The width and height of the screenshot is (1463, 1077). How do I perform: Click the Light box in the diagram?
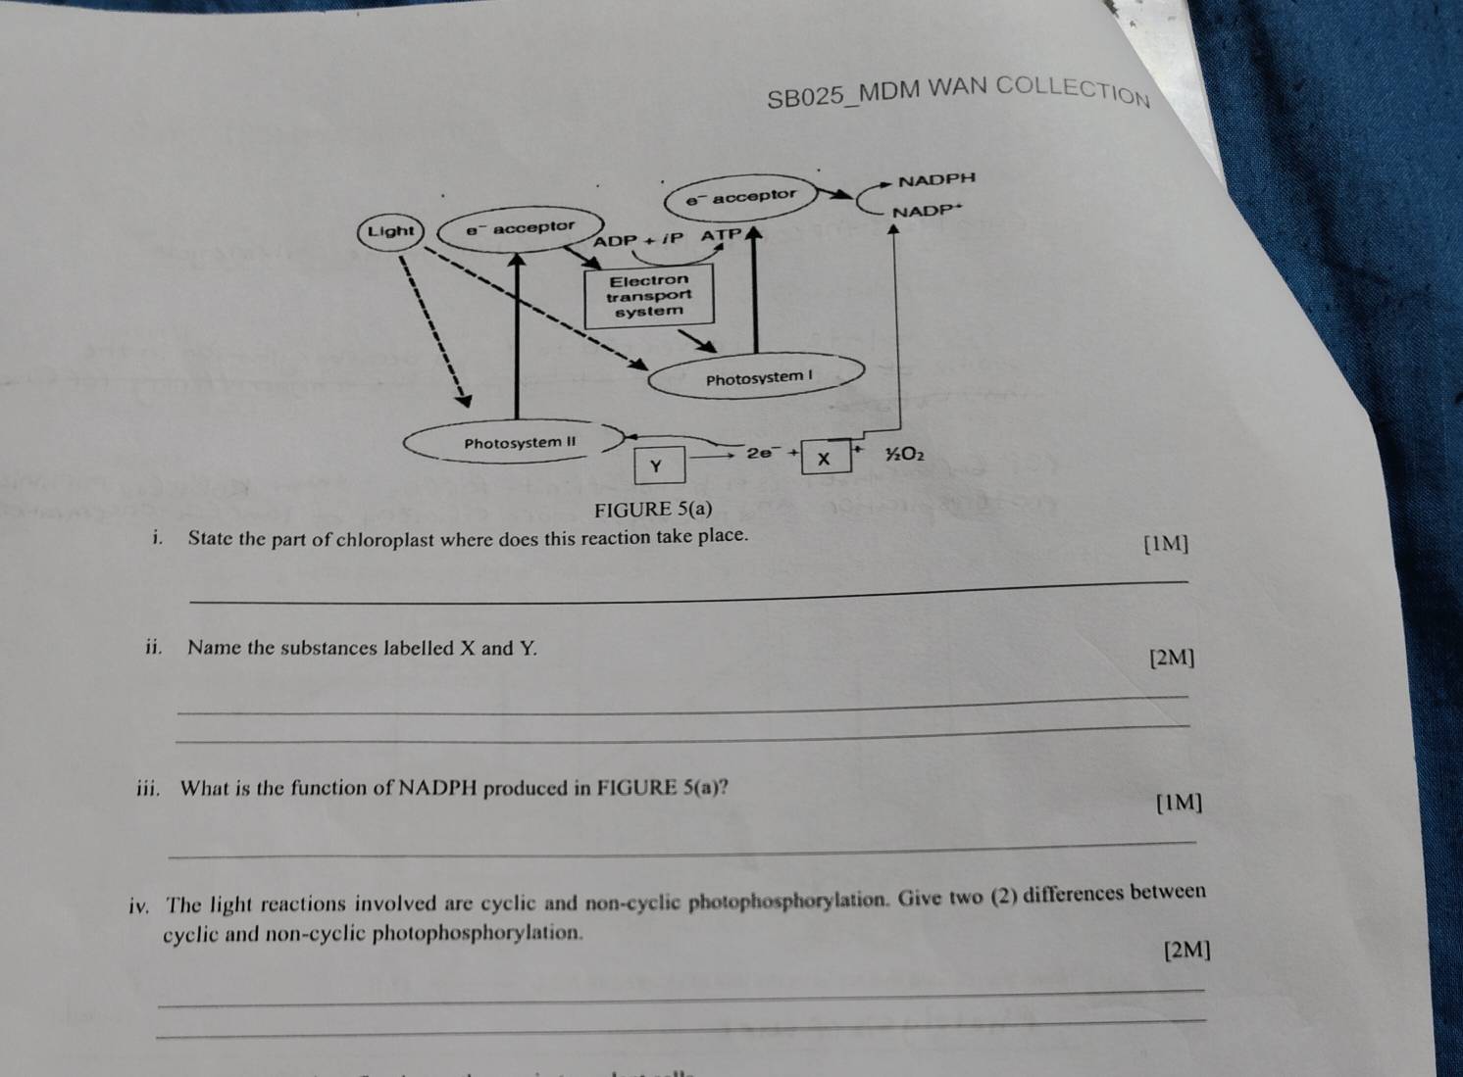click(391, 231)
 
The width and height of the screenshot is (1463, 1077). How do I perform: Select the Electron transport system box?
click(648, 296)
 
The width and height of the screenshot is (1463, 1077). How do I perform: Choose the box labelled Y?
click(659, 465)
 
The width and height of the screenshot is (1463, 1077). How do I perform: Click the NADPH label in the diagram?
click(936, 179)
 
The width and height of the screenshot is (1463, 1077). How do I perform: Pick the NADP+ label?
click(928, 211)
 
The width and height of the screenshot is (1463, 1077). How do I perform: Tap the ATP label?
click(722, 234)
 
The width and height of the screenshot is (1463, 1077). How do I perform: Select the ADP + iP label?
click(637, 239)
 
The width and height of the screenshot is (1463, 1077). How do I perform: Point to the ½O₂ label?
click(904, 454)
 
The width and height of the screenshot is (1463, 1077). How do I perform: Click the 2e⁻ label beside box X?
click(760, 453)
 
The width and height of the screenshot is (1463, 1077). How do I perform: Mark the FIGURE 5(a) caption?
click(652, 509)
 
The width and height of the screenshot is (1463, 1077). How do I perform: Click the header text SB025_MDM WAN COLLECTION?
click(958, 93)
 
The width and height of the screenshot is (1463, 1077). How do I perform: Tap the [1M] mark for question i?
click(1166, 544)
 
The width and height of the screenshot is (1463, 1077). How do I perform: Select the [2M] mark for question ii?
click(1172, 658)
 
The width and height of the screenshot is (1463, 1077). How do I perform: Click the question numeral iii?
click(148, 789)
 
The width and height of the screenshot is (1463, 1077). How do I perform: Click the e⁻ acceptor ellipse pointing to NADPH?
click(740, 195)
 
